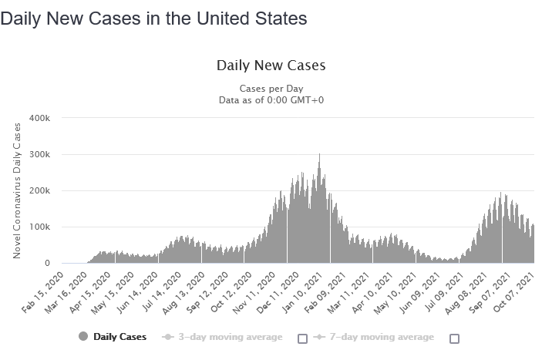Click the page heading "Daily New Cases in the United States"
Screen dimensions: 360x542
(154, 18)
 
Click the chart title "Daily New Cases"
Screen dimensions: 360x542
(271, 66)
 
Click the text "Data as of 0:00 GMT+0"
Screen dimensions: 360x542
(271, 100)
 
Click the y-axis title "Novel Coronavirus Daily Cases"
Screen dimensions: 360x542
(17, 190)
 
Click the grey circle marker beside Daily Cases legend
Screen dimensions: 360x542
(83, 337)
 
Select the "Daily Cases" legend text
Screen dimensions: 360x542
(120, 337)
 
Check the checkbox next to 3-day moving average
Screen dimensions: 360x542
(302, 338)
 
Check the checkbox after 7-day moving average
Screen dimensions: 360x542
(454, 338)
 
